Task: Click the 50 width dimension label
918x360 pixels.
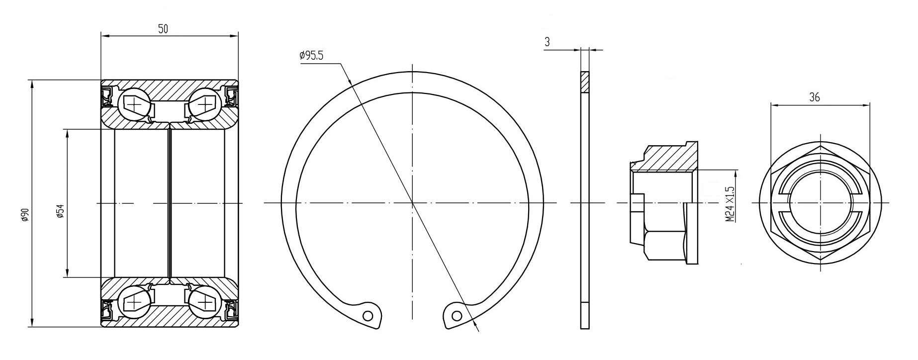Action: click(163, 29)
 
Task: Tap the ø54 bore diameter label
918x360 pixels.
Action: click(60, 211)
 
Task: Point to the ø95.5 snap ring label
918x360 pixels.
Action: click(311, 56)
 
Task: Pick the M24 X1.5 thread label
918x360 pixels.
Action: click(730, 204)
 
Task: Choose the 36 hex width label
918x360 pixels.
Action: click(815, 97)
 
